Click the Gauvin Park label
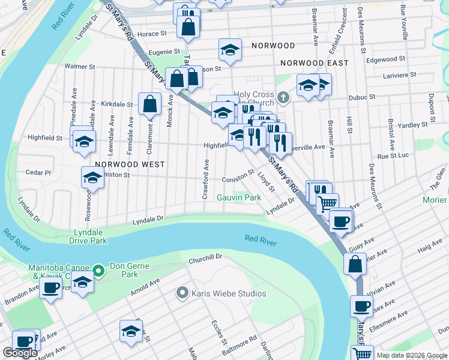(239, 197)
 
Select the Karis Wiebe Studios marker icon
(182, 293)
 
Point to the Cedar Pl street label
(38, 172)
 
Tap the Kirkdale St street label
(116, 104)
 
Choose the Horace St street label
(151, 34)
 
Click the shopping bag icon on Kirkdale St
(149, 104)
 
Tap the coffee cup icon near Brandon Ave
(51, 287)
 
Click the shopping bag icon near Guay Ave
(355, 263)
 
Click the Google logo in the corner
(20, 353)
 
